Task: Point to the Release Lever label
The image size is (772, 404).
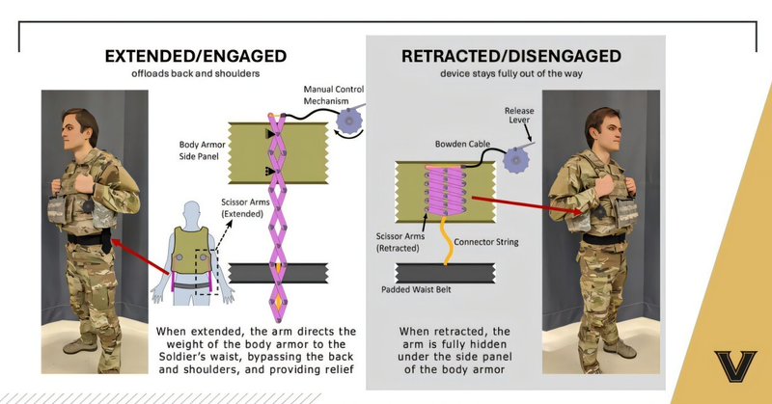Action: coord(518,117)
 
